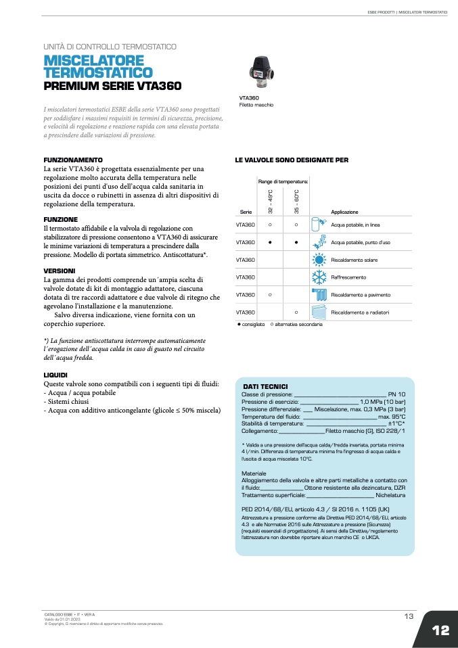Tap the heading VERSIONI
click(x=59, y=271)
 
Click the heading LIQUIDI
click(x=55, y=375)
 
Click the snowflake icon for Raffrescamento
click(x=318, y=277)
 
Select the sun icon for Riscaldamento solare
click(x=318, y=260)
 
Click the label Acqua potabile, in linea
click(x=355, y=225)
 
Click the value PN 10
click(x=396, y=394)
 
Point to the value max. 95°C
click(x=392, y=416)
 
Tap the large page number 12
click(x=440, y=630)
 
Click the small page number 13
click(x=409, y=616)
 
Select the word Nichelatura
click(x=390, y=495)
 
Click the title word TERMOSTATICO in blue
click(x=97, y=72)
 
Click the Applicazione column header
click(x=344, y=212)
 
